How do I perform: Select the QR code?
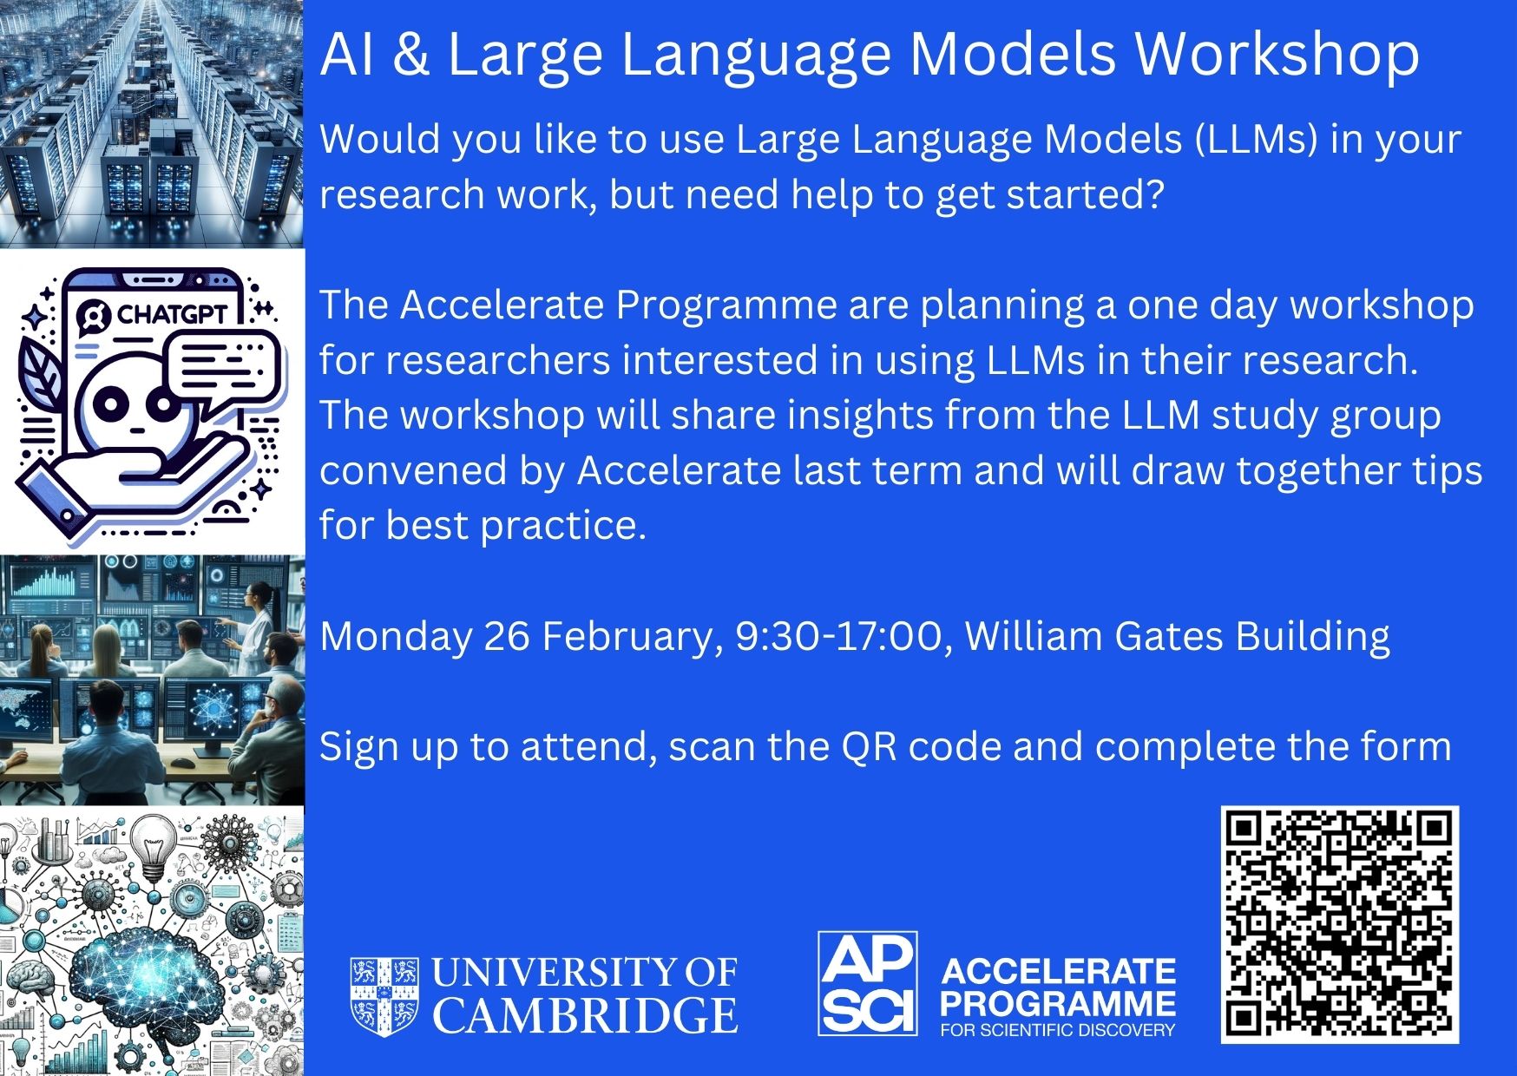[x=1340, y=924]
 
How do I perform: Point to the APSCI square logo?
[x=868, y=983]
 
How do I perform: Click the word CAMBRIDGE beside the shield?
[x=586, y=1015]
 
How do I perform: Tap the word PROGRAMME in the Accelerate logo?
[x=1058, y=1004]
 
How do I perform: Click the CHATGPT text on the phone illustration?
[x=172, y=313]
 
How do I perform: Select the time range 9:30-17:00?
[x=838, y=636]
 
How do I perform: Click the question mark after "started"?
[x=1152, y=194]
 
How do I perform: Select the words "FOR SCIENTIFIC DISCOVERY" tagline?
[x=1058, y=1030]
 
